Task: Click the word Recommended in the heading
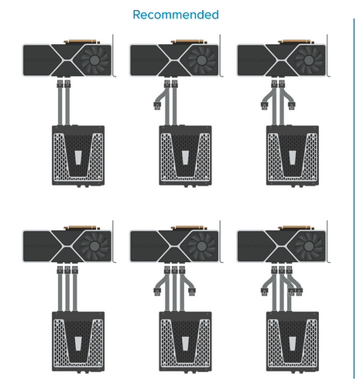[176, 15]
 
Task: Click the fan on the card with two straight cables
[94, 60]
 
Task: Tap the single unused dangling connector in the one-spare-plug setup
[157, 106]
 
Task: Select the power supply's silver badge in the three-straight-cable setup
[78, 343]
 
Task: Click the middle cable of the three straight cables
[67, 292]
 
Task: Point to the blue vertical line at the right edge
[354, 199]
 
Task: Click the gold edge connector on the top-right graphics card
[297, 42]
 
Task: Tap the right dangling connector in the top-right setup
[292, 106]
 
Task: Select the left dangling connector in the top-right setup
[264, 106]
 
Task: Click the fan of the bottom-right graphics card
[309, 246]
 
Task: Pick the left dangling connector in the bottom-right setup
[264, 292]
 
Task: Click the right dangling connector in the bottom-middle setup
[192, 292]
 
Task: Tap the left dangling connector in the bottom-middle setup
[157, 292]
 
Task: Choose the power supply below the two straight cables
[78, 155]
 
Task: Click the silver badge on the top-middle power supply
[185, 158]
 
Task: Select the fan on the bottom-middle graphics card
[201, 246]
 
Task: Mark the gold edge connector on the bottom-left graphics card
[82, 227]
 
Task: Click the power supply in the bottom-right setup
[293, 342]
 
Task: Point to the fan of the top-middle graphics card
[201, 60]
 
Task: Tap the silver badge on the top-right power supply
[293, 158]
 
